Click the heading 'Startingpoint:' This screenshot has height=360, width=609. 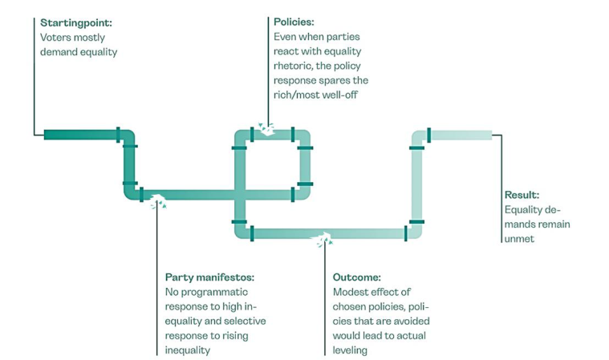[76, 23]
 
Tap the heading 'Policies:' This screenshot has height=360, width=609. [294, 22]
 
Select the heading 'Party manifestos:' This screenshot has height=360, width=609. [209, 277]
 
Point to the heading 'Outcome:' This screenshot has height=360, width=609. [356, 277]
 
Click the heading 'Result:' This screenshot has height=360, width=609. [522, 195]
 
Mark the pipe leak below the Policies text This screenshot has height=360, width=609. [267, 129]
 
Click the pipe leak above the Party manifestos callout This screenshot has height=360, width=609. [158, 201]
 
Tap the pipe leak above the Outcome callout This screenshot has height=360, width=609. [323, 239]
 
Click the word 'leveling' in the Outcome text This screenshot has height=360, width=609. [350, 350]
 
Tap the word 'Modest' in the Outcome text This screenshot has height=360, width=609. [350, 292]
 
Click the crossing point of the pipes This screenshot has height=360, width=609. [240, 195]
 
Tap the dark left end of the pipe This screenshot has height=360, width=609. [46, 135]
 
